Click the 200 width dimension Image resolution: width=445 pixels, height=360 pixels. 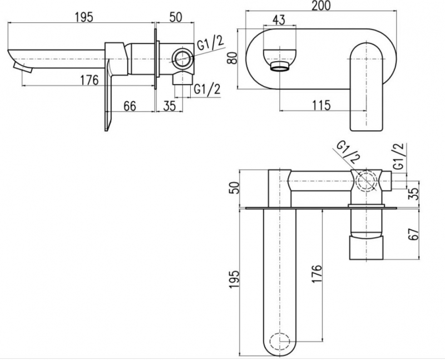(x=321, y=6)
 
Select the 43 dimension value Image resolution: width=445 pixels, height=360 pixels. (x=279, y=20)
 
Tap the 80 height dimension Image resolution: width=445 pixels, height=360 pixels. (x=233, y=58)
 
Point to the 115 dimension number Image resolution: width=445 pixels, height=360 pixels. (x=322, y=105)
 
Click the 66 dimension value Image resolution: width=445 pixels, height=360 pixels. (x=130, y=106)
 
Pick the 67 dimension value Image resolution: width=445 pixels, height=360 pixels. (x=414, y=234)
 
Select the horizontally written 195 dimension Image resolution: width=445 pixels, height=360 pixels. (x=84, y=17)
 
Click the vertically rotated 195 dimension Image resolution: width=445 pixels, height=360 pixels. (x=234, y=280)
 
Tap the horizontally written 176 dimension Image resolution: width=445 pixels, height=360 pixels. (x=89, y=80)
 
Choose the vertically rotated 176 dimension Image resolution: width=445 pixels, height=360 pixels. (x=317, y=274)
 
